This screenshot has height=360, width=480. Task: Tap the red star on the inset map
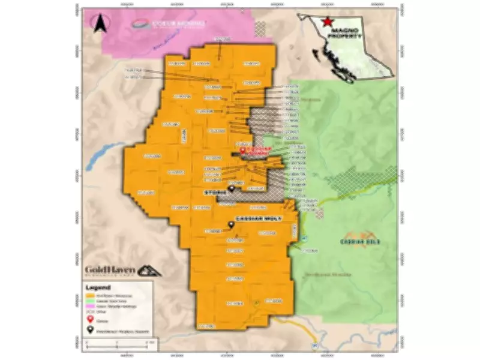click(327, 21)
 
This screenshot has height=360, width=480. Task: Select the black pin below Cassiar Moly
click(230, 226)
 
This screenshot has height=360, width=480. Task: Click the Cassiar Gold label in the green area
click(361, 241)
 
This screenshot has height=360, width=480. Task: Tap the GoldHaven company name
click(110, 269)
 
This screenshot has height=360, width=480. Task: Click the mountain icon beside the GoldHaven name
click(149, 269)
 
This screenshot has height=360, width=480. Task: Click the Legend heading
click(98, 287)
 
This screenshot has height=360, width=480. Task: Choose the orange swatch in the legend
click(90, 295)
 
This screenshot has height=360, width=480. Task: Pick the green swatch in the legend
click(90, 301)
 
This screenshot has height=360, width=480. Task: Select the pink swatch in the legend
click(90, 307)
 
